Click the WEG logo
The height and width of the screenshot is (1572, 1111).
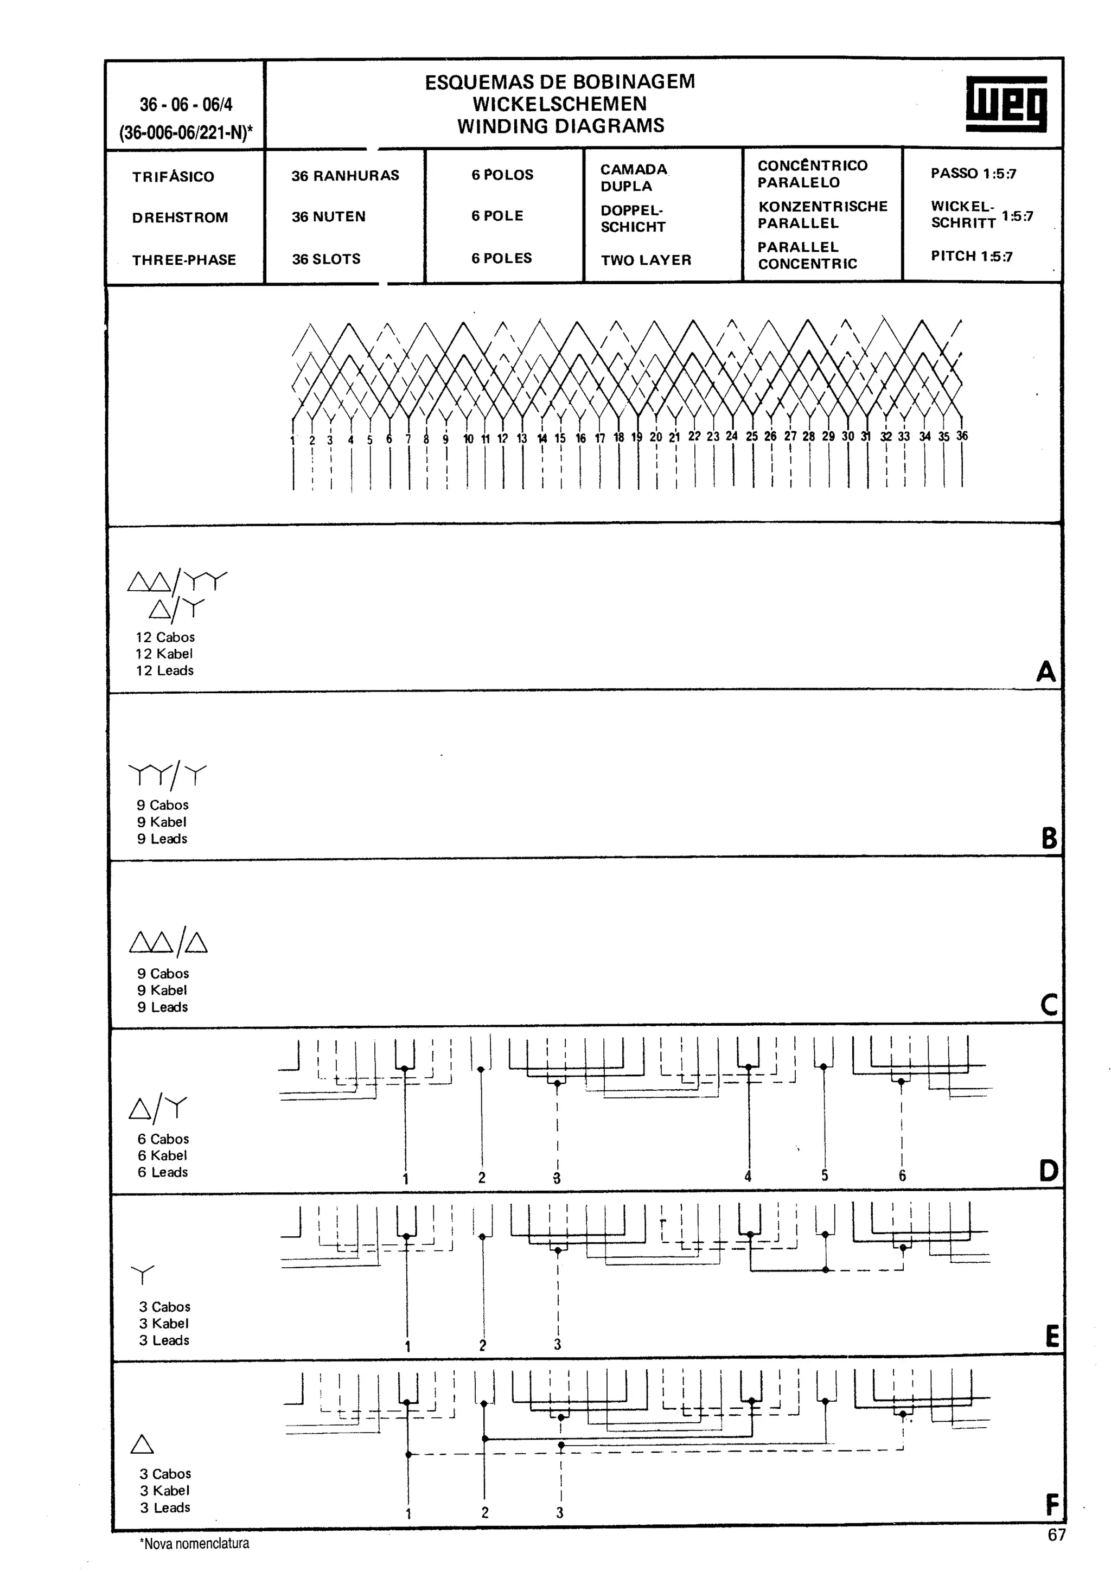click(1006, 104)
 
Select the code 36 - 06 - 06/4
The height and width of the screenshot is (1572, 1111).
click(186, 105)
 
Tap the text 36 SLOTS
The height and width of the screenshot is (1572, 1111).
click(326, 259)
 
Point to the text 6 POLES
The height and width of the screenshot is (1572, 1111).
click(501, 258)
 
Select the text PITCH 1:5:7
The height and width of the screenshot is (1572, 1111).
click(972, 256)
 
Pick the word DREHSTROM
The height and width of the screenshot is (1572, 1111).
click(180, 218)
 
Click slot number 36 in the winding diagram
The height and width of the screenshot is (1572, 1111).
click(962, 436)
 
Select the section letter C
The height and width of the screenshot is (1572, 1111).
click(1048, 1005)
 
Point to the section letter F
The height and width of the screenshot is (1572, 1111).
click(1052, 1505)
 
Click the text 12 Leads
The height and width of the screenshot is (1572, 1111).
click(164, 671)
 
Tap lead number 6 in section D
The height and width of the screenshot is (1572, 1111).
click(902, 1175)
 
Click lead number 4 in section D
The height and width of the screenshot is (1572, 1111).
click(748, 1176)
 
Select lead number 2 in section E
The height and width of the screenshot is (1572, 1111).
click(483, 1345)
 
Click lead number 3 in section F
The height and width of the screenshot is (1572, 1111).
click(559, 1512)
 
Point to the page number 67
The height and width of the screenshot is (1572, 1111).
click(1056, 1535)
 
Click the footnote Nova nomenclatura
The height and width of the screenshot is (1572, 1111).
click(195, 1543)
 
